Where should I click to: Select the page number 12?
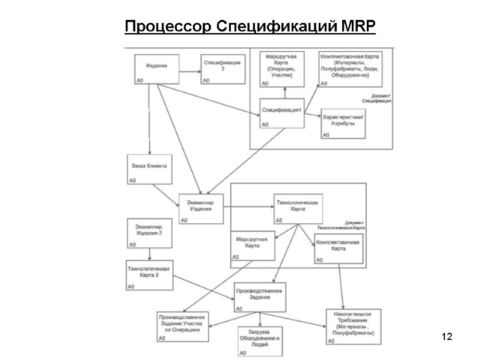coord(446,335)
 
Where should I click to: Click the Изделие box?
coord(157,67)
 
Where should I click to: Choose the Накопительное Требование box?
coord(353,325)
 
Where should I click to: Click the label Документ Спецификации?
coord(379,99)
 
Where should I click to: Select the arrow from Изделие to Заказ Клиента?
coord(149,120)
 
